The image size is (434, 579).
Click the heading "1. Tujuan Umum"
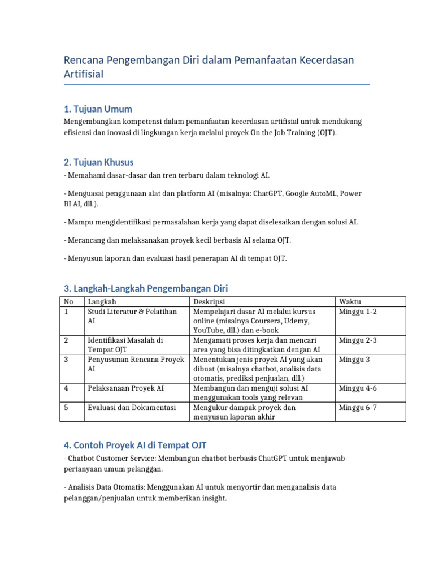coord(98,109)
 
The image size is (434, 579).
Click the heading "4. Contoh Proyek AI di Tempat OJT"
coord(138,446)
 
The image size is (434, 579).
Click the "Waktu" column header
coord(350,302)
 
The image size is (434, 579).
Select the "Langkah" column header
coord(102,302)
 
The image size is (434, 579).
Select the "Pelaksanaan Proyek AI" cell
coord(126,388)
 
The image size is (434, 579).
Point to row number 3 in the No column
coord(66,359)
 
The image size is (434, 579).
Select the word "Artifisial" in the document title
coord(84,74)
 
